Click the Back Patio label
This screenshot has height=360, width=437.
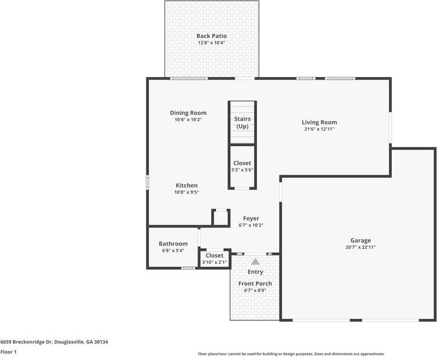point(211,36)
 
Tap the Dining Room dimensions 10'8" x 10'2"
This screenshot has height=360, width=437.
point(188,120)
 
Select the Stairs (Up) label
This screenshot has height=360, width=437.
point(242,123)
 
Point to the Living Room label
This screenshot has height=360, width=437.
point(320,122)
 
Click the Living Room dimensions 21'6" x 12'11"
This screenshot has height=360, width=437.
point(320,129)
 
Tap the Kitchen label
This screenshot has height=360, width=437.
point(187,185)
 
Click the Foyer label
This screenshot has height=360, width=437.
point(251,219)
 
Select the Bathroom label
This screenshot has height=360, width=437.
point(173,244)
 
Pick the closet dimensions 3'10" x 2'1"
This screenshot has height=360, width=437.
point(214,262)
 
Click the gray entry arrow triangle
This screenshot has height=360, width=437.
point(255,262)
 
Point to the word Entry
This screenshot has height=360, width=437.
point(255,272)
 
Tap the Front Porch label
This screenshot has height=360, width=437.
point(255,284)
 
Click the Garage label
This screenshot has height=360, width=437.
point(361,240)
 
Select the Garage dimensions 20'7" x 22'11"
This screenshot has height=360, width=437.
point(361,247)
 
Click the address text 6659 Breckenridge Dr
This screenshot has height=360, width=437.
point(26,342)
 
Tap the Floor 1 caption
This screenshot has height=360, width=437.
point(8,352)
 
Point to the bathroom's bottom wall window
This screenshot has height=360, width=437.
point(188,268)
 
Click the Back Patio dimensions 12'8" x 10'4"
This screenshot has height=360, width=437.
point(211,43)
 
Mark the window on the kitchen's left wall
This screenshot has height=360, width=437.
point(147,182)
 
